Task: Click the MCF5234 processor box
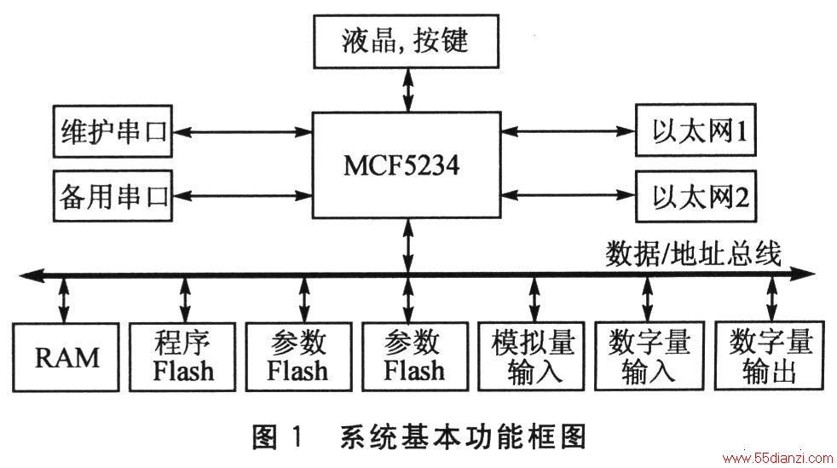point(407,165)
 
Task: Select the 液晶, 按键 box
point(406,41)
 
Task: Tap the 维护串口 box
point(113,131)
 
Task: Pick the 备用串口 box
point(113,196)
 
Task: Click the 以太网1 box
point(696,130)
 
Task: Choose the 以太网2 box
point(696,196)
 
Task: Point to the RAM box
point(66,357)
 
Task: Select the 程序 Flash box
point(182,357)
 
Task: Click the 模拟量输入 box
point(532,356)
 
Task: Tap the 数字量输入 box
point(649,356)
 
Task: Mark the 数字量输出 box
point(769,356)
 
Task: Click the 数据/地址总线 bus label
point(693,253)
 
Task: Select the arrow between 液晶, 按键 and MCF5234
point(407,90)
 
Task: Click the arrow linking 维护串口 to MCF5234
point(242,132)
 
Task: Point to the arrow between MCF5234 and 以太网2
point(568,195)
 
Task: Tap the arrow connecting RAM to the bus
point(64,299)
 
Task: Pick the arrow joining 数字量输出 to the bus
point(771,298)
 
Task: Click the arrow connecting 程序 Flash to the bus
point(185,299)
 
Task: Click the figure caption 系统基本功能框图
point(464,437)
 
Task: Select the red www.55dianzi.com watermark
point(777,458)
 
